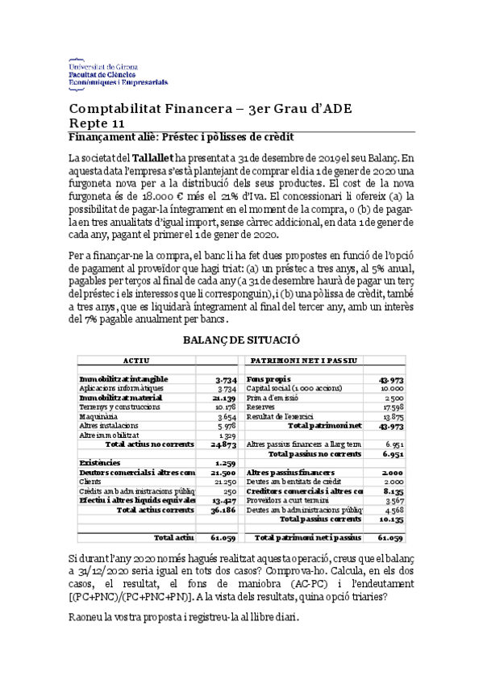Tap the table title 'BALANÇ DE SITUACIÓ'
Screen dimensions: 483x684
[x=241, y=341]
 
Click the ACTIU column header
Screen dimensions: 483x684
[x=136, y=360]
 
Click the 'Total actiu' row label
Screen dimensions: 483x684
[x=173, y=536]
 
